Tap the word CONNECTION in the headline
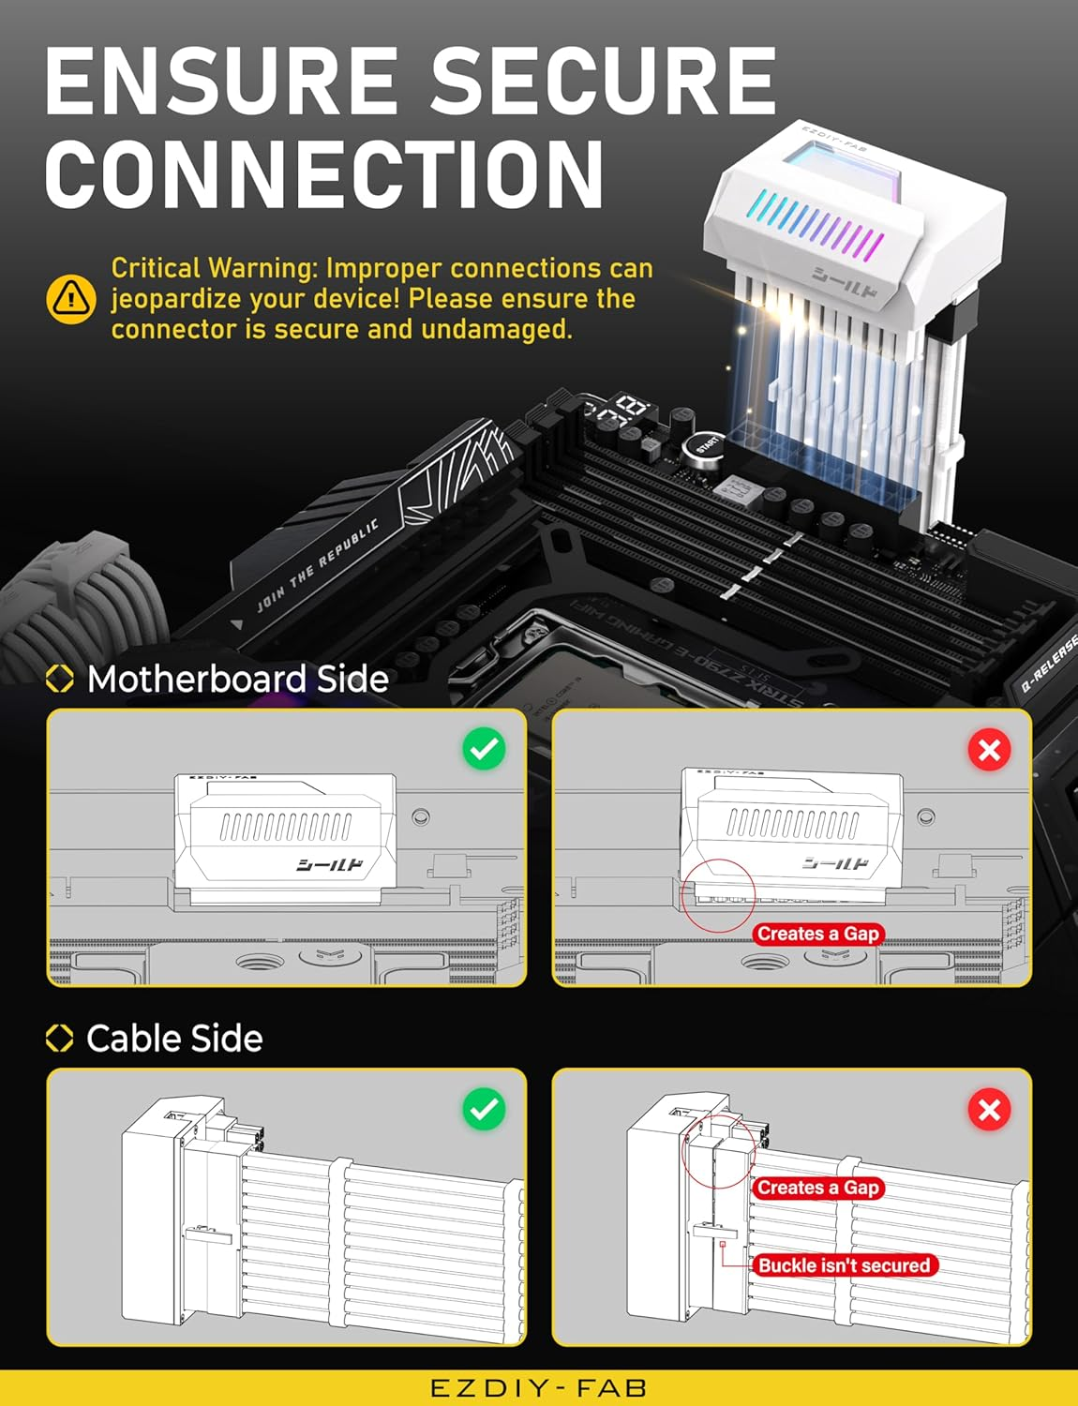coord(324,174)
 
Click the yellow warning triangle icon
coord(70,299)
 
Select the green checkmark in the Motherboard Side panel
coord(484,749)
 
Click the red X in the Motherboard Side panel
coord(989,750)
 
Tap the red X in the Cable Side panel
coord(989,1110)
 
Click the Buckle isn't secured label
coord(844,1265)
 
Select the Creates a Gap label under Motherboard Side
coord(818,934)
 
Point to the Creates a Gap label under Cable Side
coord(818,1188)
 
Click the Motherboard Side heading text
coord(237,679)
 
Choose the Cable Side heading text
coord(174,1039)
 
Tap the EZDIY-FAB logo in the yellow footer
coord(538,1388)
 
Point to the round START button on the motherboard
coord(706,444)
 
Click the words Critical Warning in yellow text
coord(214,268)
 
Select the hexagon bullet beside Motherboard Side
coord(60,679)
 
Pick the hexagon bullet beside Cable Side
coord(60,1039)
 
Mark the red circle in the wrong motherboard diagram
coord(718,896)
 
